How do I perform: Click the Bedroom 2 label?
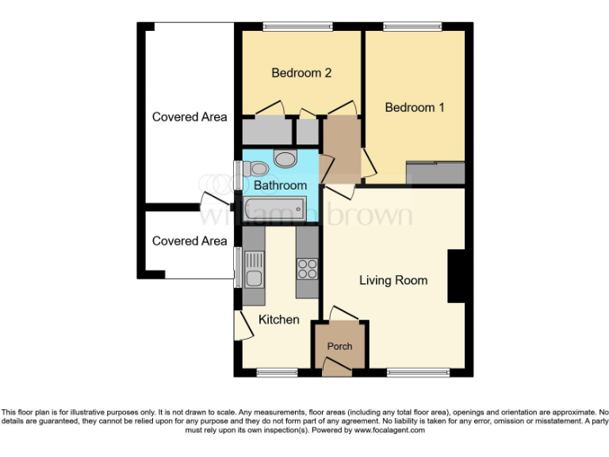[301, 73]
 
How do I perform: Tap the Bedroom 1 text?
[415, 107]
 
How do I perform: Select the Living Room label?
[393, 280]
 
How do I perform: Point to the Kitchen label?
[279, 320]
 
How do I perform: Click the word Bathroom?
[280, 186]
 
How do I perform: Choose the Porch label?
[339, 346]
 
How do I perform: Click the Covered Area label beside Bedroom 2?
[190, 117]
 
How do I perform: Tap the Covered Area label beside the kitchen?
[190, 241]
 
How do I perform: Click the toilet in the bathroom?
[256, 168]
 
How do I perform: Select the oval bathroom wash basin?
[284, 159]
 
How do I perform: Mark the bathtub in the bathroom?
[274, 209]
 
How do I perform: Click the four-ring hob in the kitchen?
[307, 269]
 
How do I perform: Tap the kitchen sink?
[254, 270]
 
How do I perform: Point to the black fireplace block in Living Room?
[457, 276]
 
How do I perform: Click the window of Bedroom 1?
[413, 26]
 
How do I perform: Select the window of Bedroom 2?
[298, 26]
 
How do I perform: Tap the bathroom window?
[237, 175]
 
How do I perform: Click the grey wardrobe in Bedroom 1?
[435, 173]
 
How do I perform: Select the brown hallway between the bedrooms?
[339, 148]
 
